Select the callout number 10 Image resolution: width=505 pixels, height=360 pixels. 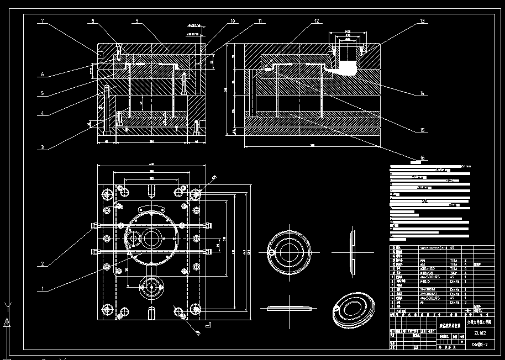[x=233, y=21]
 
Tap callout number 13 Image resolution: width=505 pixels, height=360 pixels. [x=422, y=21]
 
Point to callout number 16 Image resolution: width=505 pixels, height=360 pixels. [x=422, y=158]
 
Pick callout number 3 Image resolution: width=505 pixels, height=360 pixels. [x=42, y=148]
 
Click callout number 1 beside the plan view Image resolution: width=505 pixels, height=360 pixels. [x=42, y=288]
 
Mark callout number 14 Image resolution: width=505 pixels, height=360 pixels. [x=422, y=93]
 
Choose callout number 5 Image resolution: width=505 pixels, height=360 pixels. [x=42, y=93]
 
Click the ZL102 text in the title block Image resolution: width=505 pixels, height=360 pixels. [x=480, y=333]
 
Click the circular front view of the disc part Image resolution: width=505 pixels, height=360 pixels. [x=287, y=251]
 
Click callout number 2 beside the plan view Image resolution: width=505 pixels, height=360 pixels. [x=42, y=264]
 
